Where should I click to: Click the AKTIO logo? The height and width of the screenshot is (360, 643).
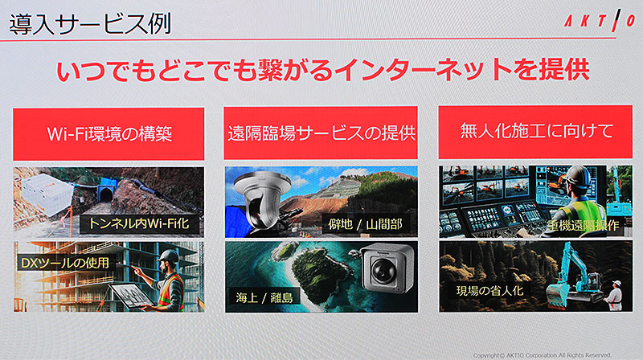pos(600,21)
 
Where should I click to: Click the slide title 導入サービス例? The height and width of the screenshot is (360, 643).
pos(90,24)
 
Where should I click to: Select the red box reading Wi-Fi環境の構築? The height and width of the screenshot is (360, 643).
pos(109,134)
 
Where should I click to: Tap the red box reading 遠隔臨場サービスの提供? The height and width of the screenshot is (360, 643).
pos(321,133)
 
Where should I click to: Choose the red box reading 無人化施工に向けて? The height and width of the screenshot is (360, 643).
pos(535,132)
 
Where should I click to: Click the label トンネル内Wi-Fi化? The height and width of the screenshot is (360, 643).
pos(139,224)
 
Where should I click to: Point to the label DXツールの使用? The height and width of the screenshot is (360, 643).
pos(66,263)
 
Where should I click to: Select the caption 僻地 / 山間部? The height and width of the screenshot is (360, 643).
pos(365,224)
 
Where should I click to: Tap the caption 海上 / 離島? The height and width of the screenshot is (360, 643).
pos(264,297)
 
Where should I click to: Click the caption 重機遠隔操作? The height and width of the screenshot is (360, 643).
pos(582,225)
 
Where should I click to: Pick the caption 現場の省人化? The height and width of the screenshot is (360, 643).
pos(489,291)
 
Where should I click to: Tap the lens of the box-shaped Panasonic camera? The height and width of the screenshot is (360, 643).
pos(383,271)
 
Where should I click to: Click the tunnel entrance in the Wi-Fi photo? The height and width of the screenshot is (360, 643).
pos(106,194)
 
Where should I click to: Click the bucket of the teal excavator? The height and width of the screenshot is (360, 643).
pos(558,293)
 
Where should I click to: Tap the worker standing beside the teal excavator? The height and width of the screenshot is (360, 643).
pos(613,295)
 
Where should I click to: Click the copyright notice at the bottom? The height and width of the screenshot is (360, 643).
pos(542,355)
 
